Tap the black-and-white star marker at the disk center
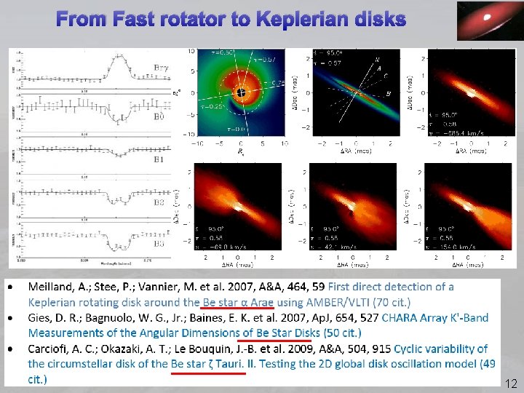pos(241,92)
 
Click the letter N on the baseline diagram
pos(376,59)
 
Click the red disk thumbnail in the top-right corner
pos(483,21)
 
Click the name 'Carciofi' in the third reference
pos(49,349)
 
